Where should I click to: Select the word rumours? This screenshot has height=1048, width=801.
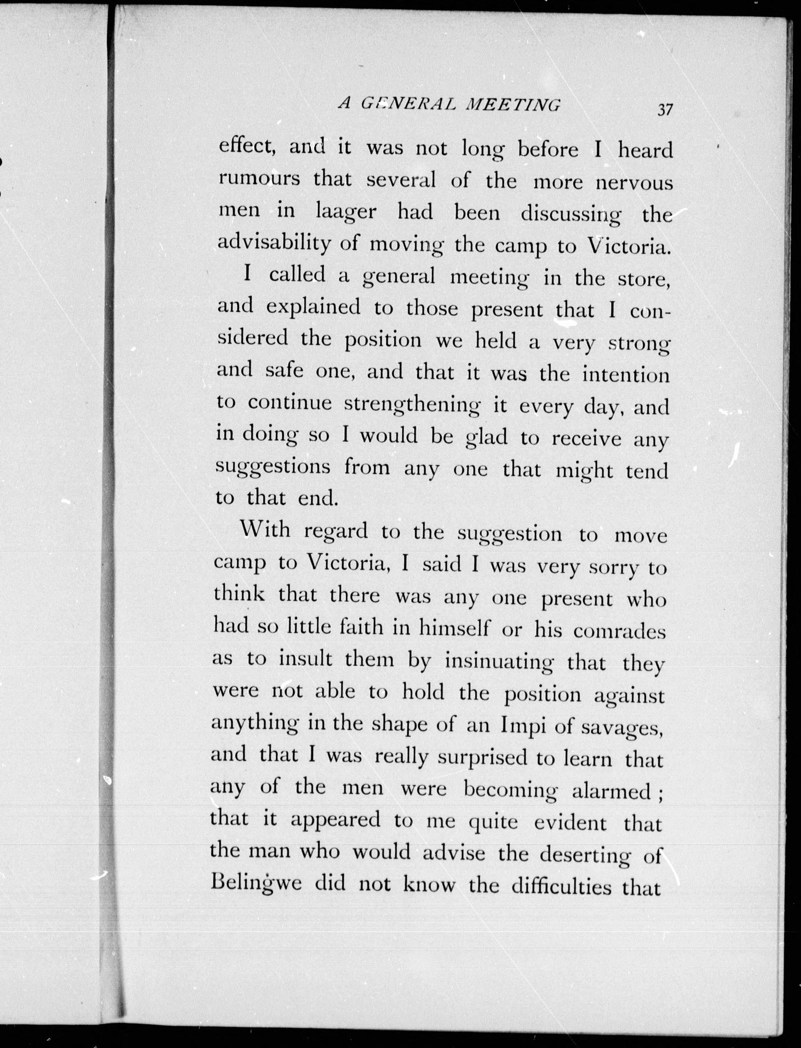(x=259, y=180)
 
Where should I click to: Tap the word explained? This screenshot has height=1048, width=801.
(x=313, y=307)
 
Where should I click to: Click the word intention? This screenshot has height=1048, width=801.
(x=626, y=375)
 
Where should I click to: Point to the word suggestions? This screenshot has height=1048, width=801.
(x=273, y=467)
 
